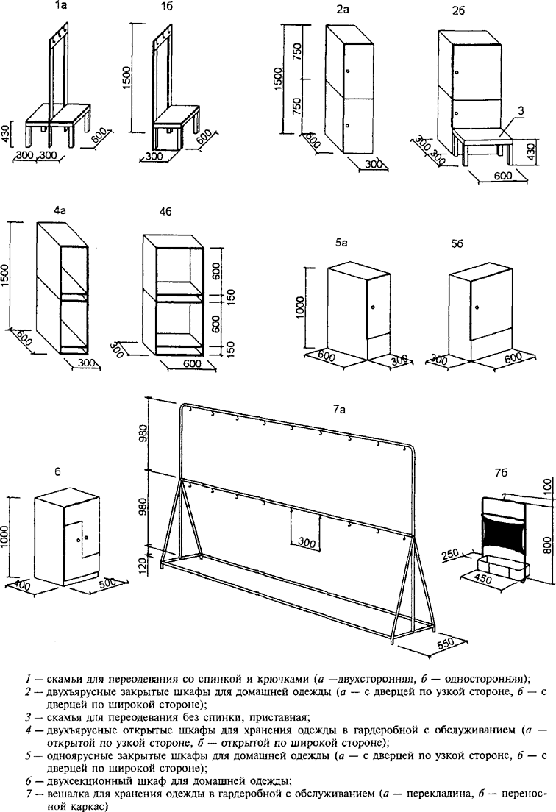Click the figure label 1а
(x=60, y=8)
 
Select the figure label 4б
(x=165, y=213)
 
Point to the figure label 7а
(x=340, y=410)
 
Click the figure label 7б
(x=501, y=474)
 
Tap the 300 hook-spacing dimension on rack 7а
(x=307, y=543)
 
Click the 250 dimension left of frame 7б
(x=451, y=555)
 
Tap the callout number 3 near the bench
(x=521, y=110)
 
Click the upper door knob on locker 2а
(x=347, y=71)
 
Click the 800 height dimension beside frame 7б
(x=546, y=544)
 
